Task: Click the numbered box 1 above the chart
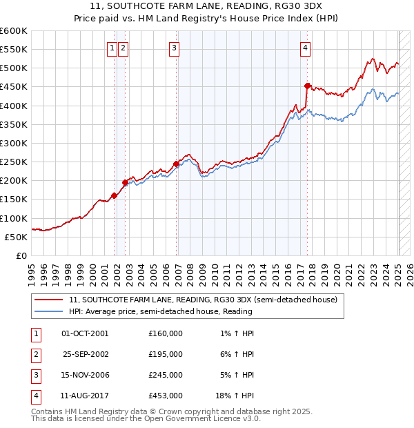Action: coord(112,48)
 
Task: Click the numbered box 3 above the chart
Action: coord(174,48)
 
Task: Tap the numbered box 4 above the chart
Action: coord(305,48)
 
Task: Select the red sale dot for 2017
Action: coord(308,86)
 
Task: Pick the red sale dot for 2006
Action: coord(176,164)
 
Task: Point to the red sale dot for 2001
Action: coord(114,195)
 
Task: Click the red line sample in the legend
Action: coord(48,300)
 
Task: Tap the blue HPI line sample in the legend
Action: coord(48,311)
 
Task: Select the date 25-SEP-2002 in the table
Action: coord(85,354)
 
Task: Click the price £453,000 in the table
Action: coord(165,396)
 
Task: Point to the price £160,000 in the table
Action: coord(165,333)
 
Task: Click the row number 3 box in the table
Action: coord(35,375)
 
